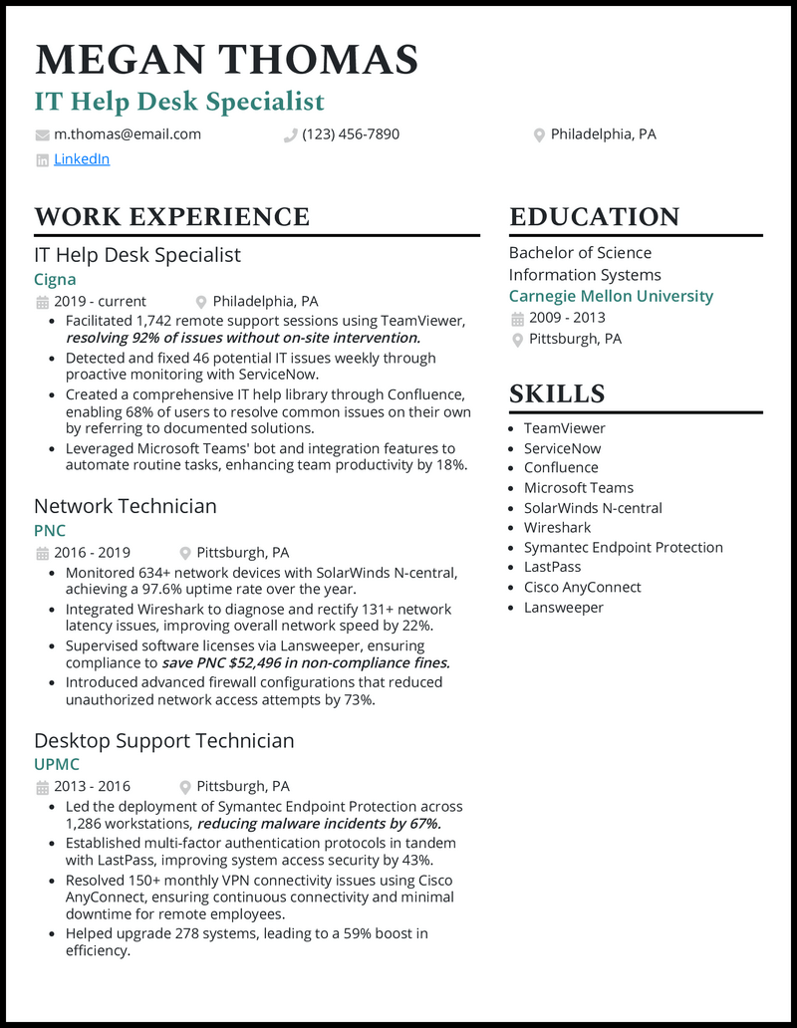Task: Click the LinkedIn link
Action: pyautogui.click(x=82, y=159)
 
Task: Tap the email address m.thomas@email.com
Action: pyautogui.click(x=128, y=134)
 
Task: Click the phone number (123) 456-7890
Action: pyautogui.click(x=351, y=134)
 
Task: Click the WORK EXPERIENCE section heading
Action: pyautogui.click(x=171, y=216)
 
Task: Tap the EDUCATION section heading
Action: pyautogui.click(x=594, y=216)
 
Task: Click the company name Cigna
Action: pyautogui.click(x=55, y=280)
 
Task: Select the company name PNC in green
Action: pyautogui.click(x=50, y=531)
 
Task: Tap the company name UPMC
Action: pyautogui.click(x=57, y=765)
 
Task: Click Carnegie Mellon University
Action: pyautogui.click(x=611, y=296)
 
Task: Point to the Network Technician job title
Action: pyautogui.click(x=126, y=506)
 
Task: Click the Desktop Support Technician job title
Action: pyautogui.click(x=164, y=740)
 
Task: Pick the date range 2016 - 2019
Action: pyautogui.click(x=92, y=553)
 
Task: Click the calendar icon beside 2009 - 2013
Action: pyautogui.click(x=517, y=319)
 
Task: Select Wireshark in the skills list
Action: pyautogui.click(x=557, y=528)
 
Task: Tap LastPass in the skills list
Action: pyautogui.click(x=552, y=568)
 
